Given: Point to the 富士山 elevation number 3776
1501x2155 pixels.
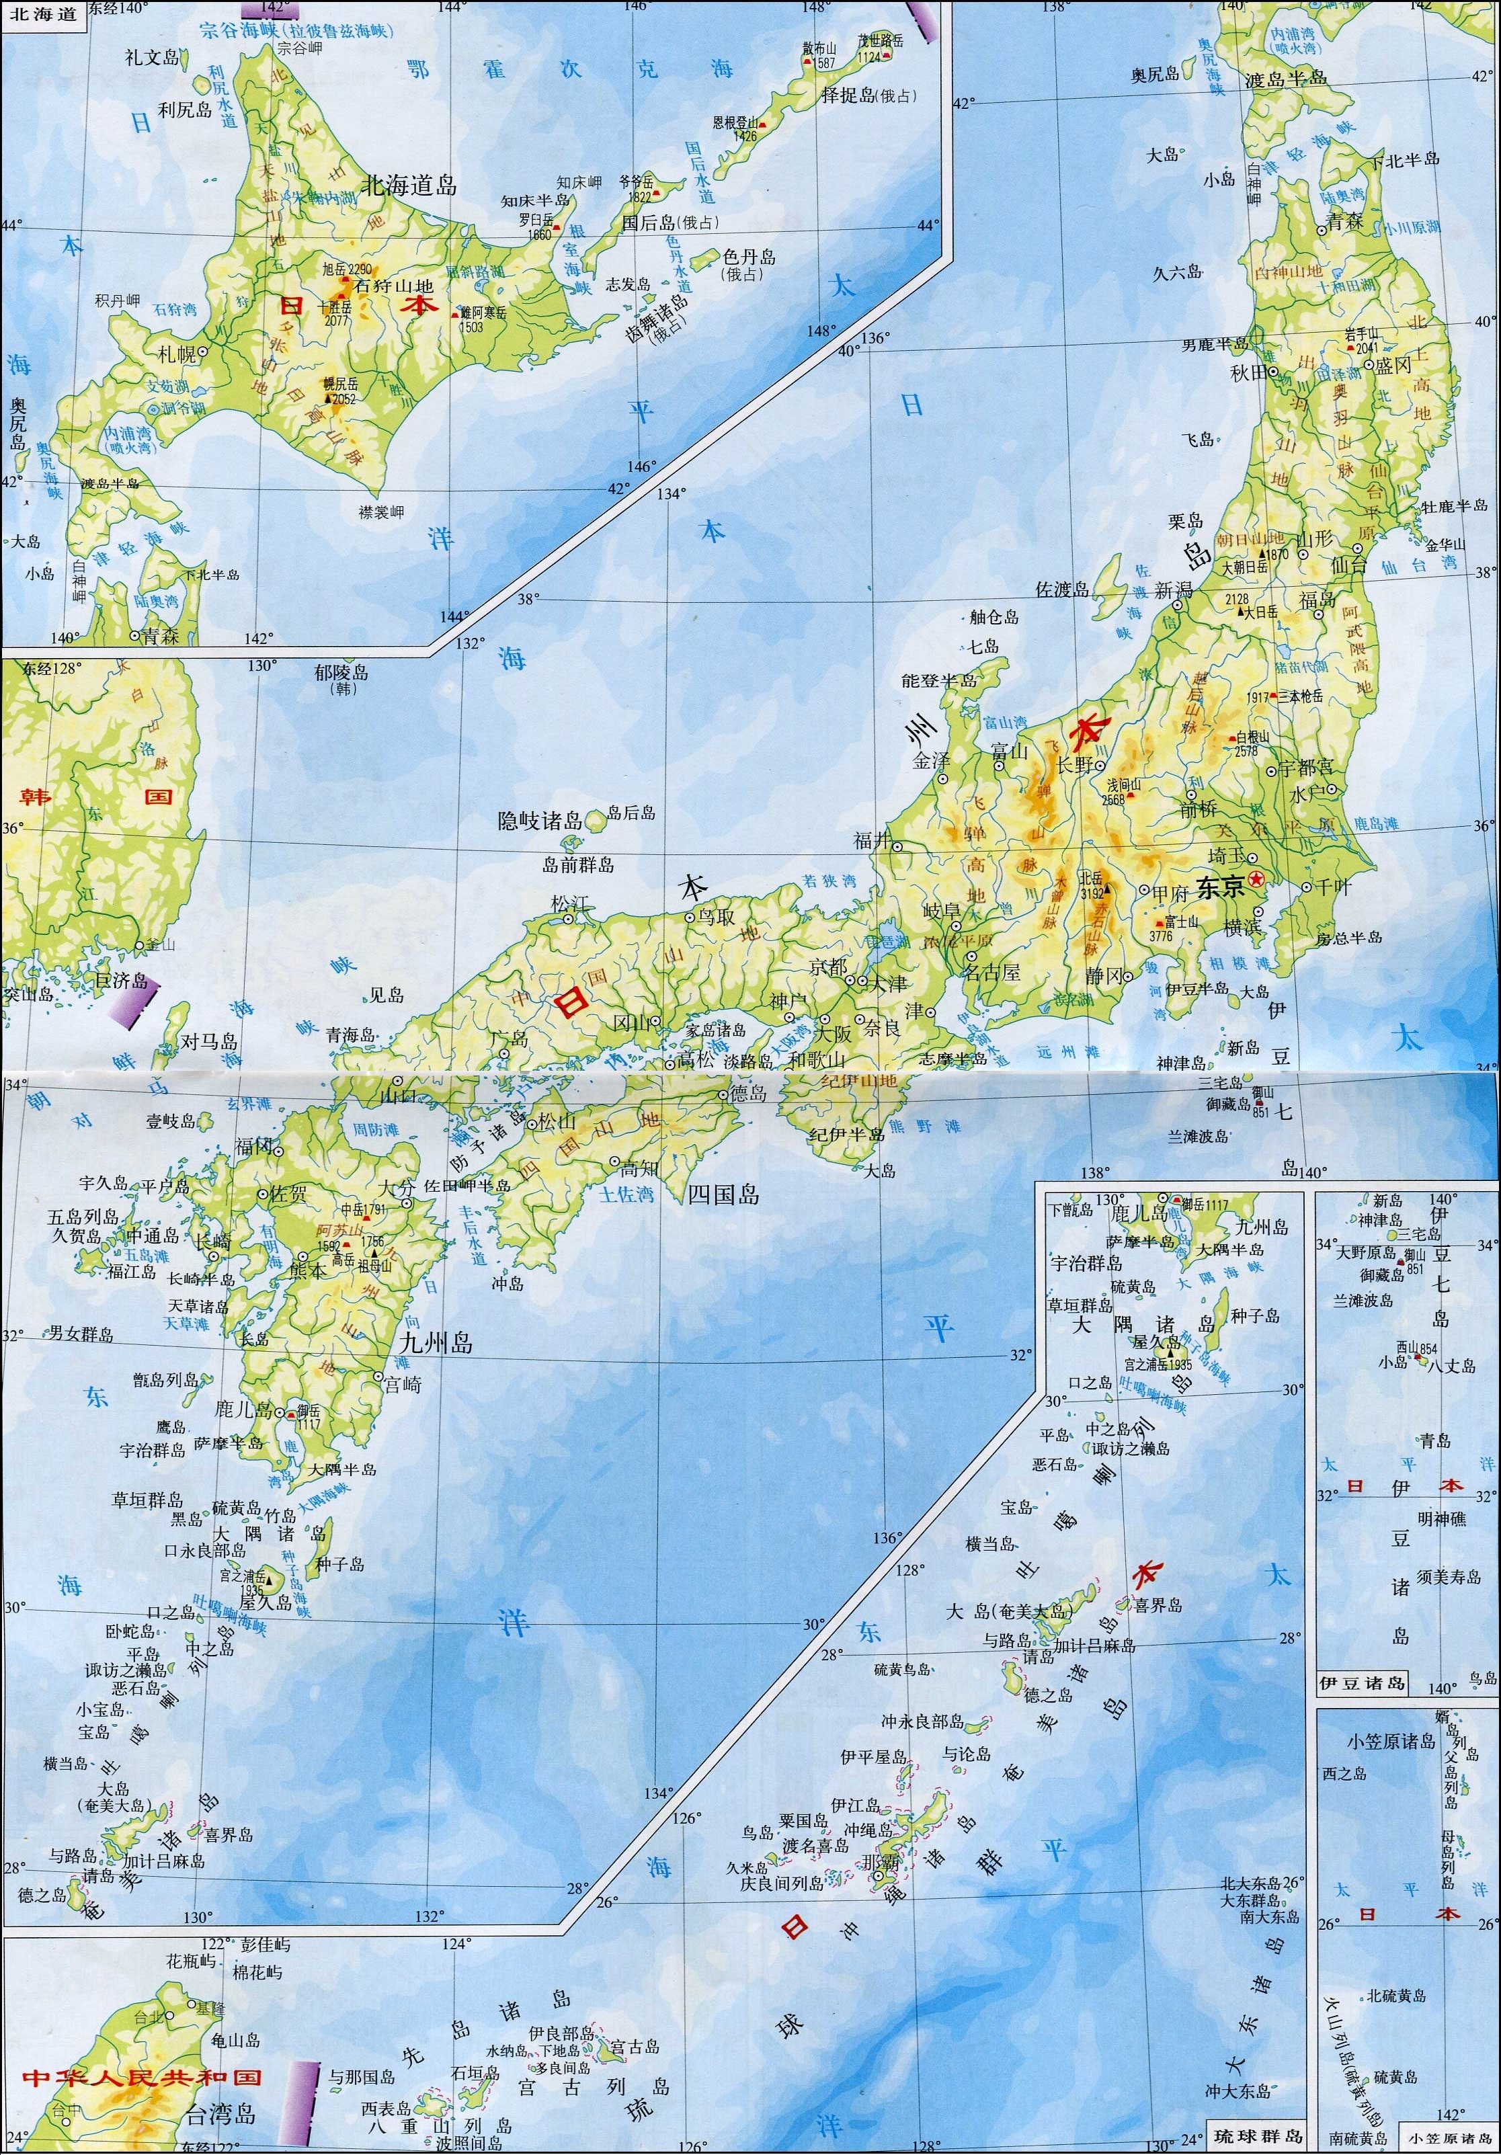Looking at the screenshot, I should [1161, 935].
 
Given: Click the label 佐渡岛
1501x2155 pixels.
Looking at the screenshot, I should [1061, 589].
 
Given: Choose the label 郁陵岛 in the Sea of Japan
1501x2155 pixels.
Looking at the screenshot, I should [341, 672].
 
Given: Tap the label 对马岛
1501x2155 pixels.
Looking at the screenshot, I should [208, 1042].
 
